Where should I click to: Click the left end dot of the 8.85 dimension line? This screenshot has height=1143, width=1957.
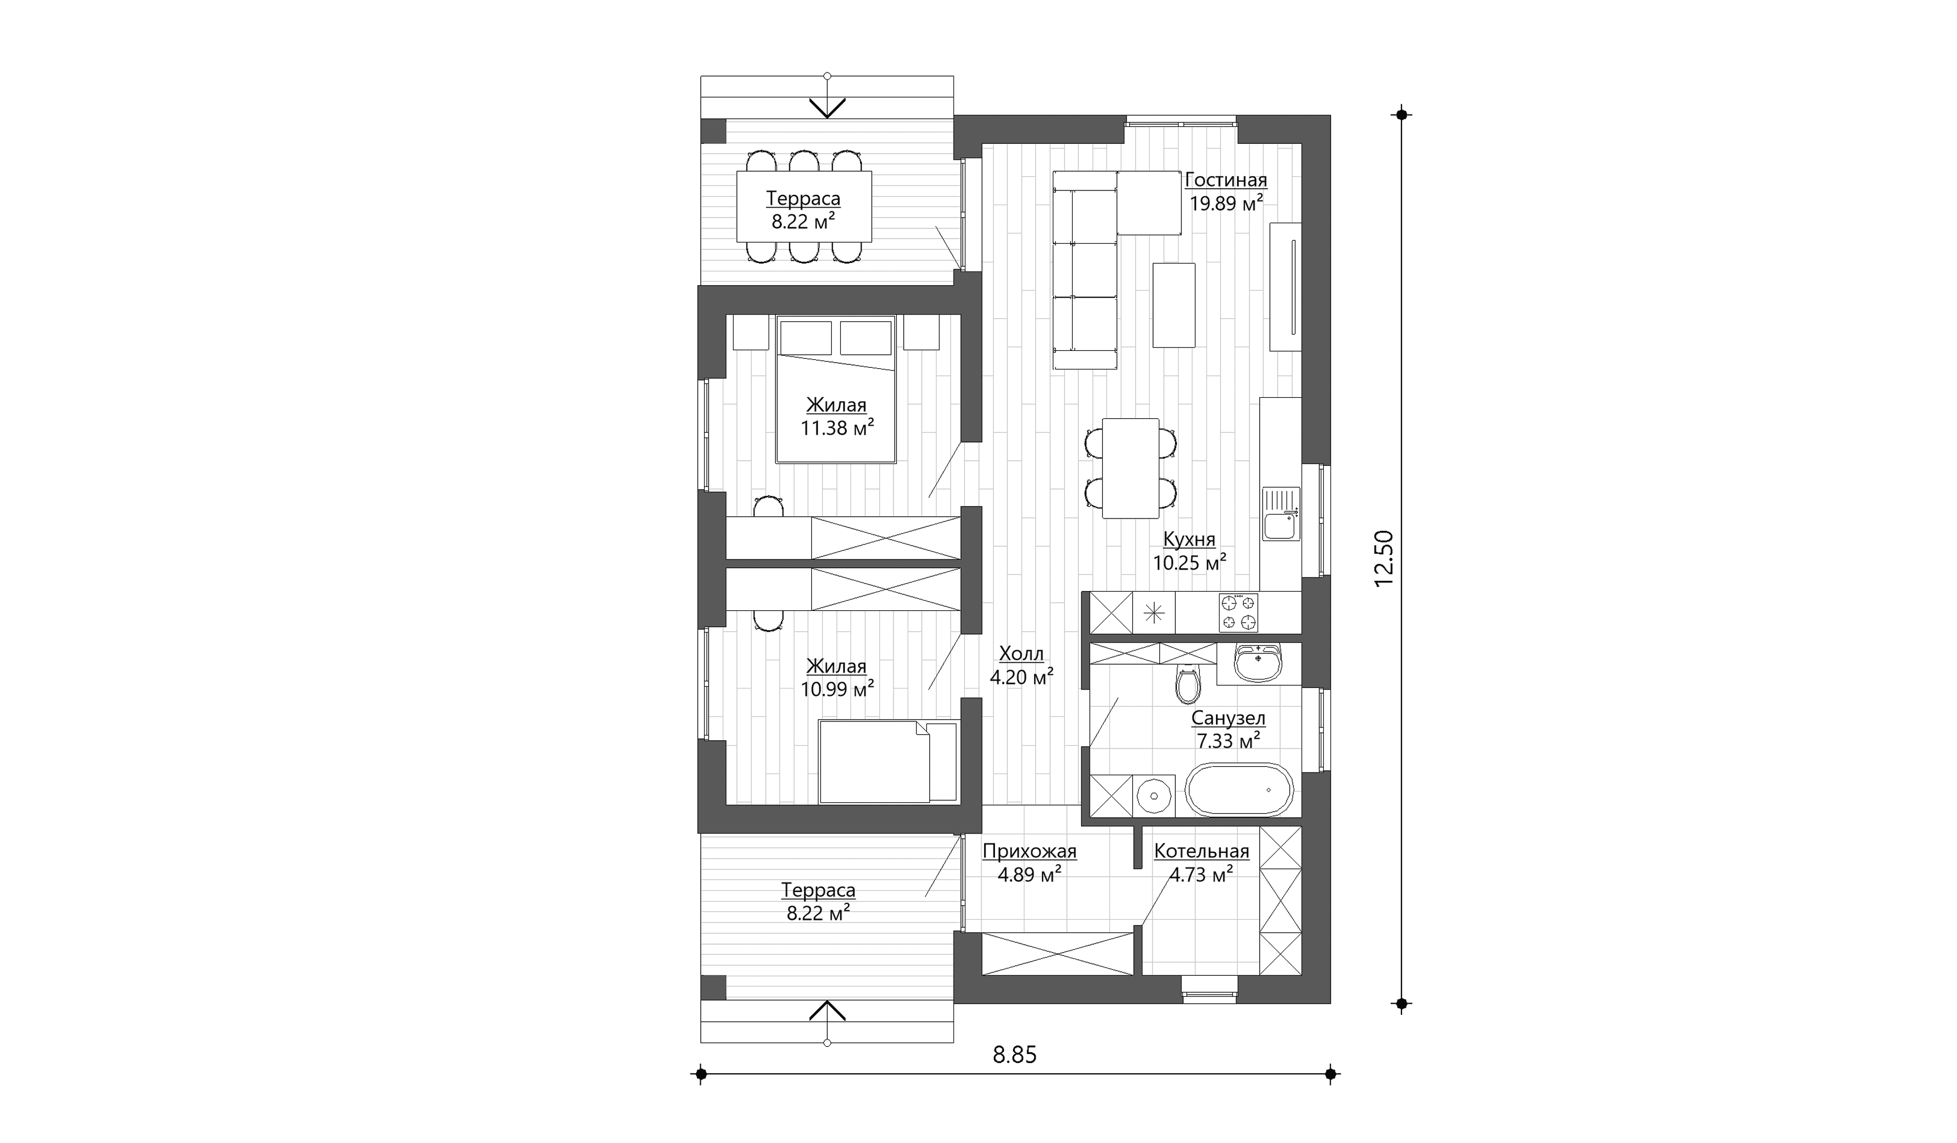pyautogui.click(x=701, y=1074)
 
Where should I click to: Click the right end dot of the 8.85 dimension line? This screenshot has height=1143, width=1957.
pyautogui.click(x=1331, y=1074)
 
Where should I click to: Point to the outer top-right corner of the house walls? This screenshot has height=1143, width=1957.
pyautogui.click(x=1331, y=116)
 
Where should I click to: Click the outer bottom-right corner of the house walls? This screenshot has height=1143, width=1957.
pyautogui.click(x=1331, y=1003)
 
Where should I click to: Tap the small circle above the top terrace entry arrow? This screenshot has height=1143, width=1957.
pyautogui.click(x=827, y=76)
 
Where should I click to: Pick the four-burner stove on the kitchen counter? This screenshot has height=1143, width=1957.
pyautogui.click(x=1238, y=613)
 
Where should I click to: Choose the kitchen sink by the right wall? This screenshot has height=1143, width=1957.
pyautogui.click(x=1281, y=513)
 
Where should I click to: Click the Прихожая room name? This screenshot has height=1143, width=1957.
pyautogui.click(x=1030, y=851)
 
